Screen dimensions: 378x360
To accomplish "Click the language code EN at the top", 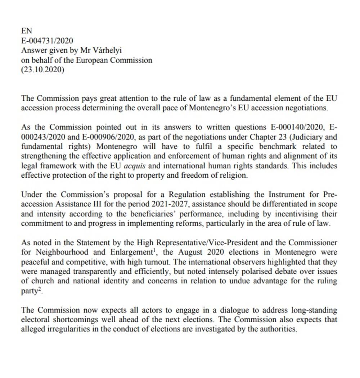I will [x=27, y=31].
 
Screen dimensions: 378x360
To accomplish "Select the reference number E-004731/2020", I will [x=47, y=41].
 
